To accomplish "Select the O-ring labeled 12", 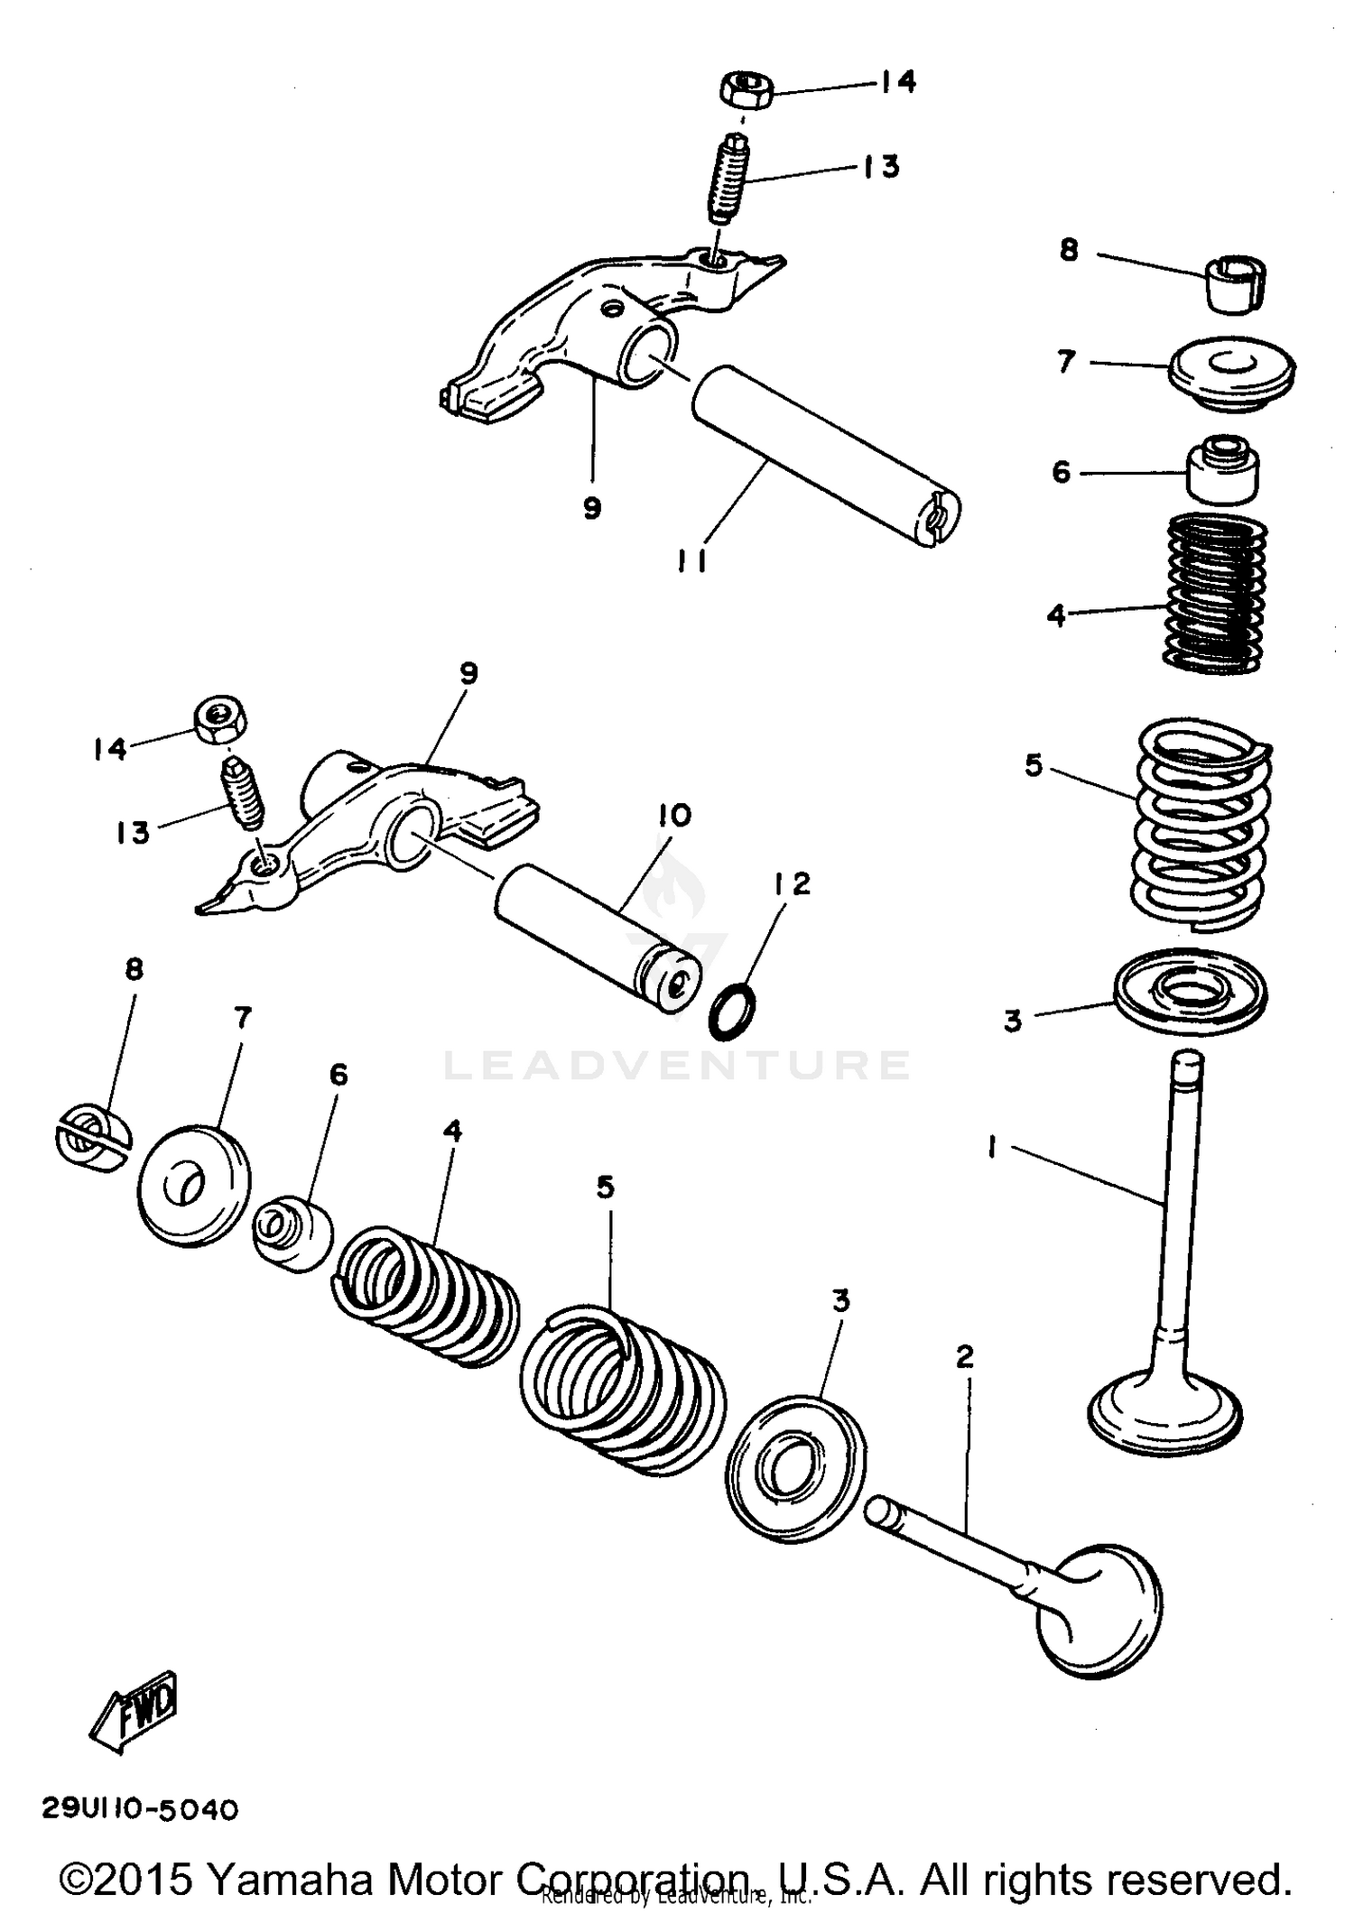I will tap(733, 1012).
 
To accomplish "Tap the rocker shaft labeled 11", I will tap(826, 456).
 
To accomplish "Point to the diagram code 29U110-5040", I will tap(140, 1809).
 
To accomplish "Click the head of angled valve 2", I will tap(1097, 1613).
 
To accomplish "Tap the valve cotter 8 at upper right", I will tap(1237, 283).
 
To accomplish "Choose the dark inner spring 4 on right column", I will tap(1215, 593).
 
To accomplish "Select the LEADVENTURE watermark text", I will tap(677, 1065).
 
